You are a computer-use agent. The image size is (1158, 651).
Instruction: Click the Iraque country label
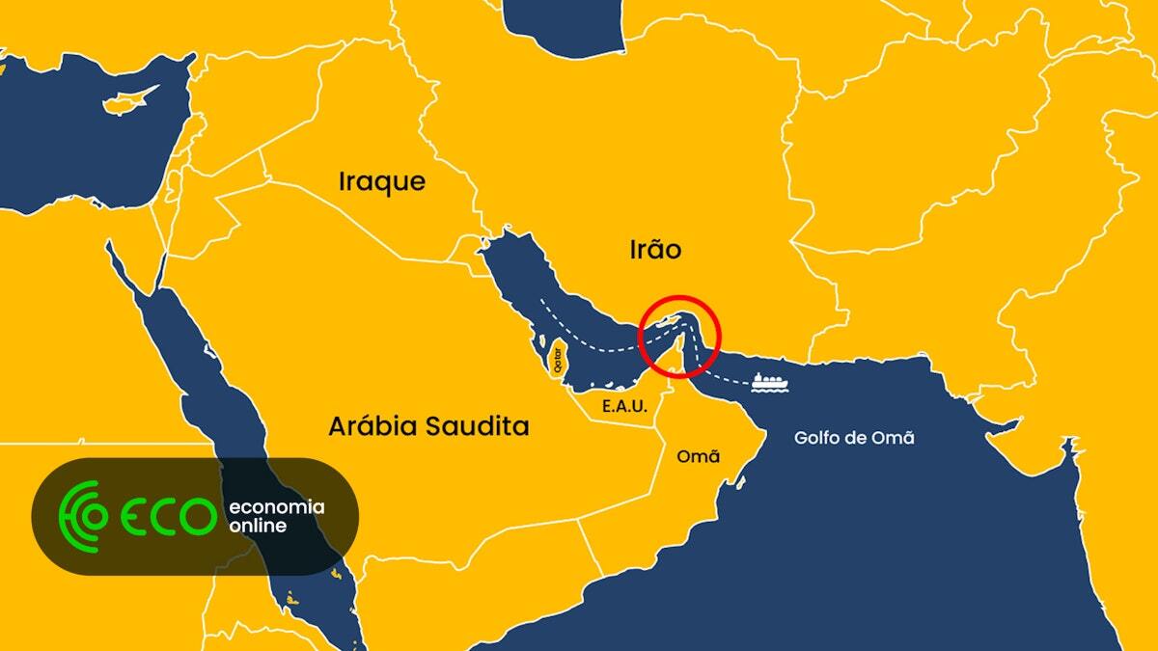[x=381, y=181]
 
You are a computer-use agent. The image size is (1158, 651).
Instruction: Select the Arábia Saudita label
[x=428, y=426]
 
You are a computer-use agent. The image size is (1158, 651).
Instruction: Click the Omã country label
[x=699, y=456]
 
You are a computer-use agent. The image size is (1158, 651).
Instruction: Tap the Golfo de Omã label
[x=853, y=438]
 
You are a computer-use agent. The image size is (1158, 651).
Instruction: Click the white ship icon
[x=768, y=381]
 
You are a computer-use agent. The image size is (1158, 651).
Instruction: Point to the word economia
[x=276, y=507]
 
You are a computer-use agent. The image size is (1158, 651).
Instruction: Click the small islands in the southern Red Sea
[x=335, y=577]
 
